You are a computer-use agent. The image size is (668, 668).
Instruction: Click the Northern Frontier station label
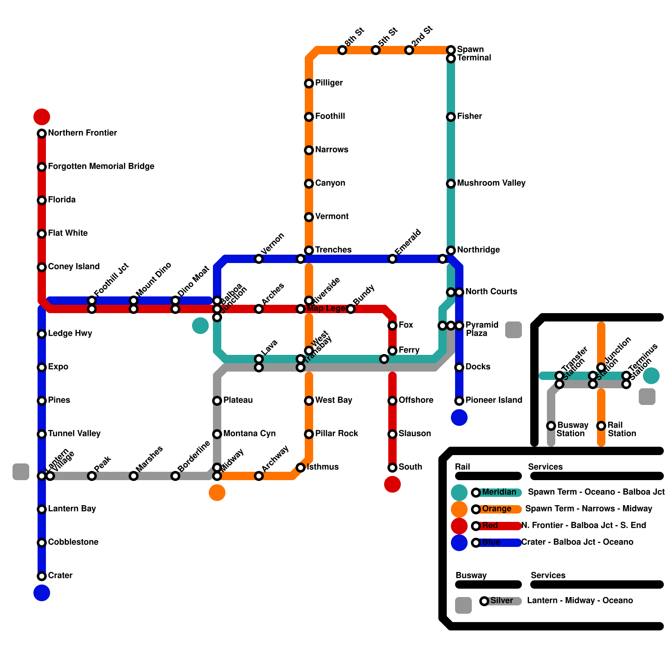[82, 133]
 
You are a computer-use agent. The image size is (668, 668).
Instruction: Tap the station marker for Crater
[42, 576]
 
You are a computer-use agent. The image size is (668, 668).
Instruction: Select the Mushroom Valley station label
[491, 183]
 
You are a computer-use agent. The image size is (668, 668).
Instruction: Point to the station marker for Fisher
[451, 117]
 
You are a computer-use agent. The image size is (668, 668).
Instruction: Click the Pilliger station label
[329, 83]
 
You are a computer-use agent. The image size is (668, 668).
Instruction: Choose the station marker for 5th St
[376, 50]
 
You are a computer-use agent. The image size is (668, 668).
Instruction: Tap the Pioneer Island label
[493, 400]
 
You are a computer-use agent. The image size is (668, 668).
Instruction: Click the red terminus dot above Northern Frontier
[42, 117]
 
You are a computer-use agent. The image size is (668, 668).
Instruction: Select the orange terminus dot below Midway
[217, 493]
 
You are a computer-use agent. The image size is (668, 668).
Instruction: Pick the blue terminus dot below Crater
[42, 593]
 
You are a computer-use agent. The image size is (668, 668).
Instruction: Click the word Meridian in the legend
[499, 492]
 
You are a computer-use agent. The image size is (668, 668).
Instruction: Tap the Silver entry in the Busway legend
[501, 600]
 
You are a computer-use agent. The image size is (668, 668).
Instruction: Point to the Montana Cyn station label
[249, 433]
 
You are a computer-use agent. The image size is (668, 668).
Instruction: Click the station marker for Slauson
[392, 434]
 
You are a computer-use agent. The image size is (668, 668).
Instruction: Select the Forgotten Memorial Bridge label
[101, 166]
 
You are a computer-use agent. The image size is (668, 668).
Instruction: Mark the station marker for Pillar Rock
[309, 434]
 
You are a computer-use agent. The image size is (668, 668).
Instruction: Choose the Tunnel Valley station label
[74, 433]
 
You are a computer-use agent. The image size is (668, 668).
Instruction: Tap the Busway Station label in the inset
[572, 429]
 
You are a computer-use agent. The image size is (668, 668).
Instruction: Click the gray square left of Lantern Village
[21, 472]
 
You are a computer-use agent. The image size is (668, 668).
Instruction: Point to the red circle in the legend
[459, 526]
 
